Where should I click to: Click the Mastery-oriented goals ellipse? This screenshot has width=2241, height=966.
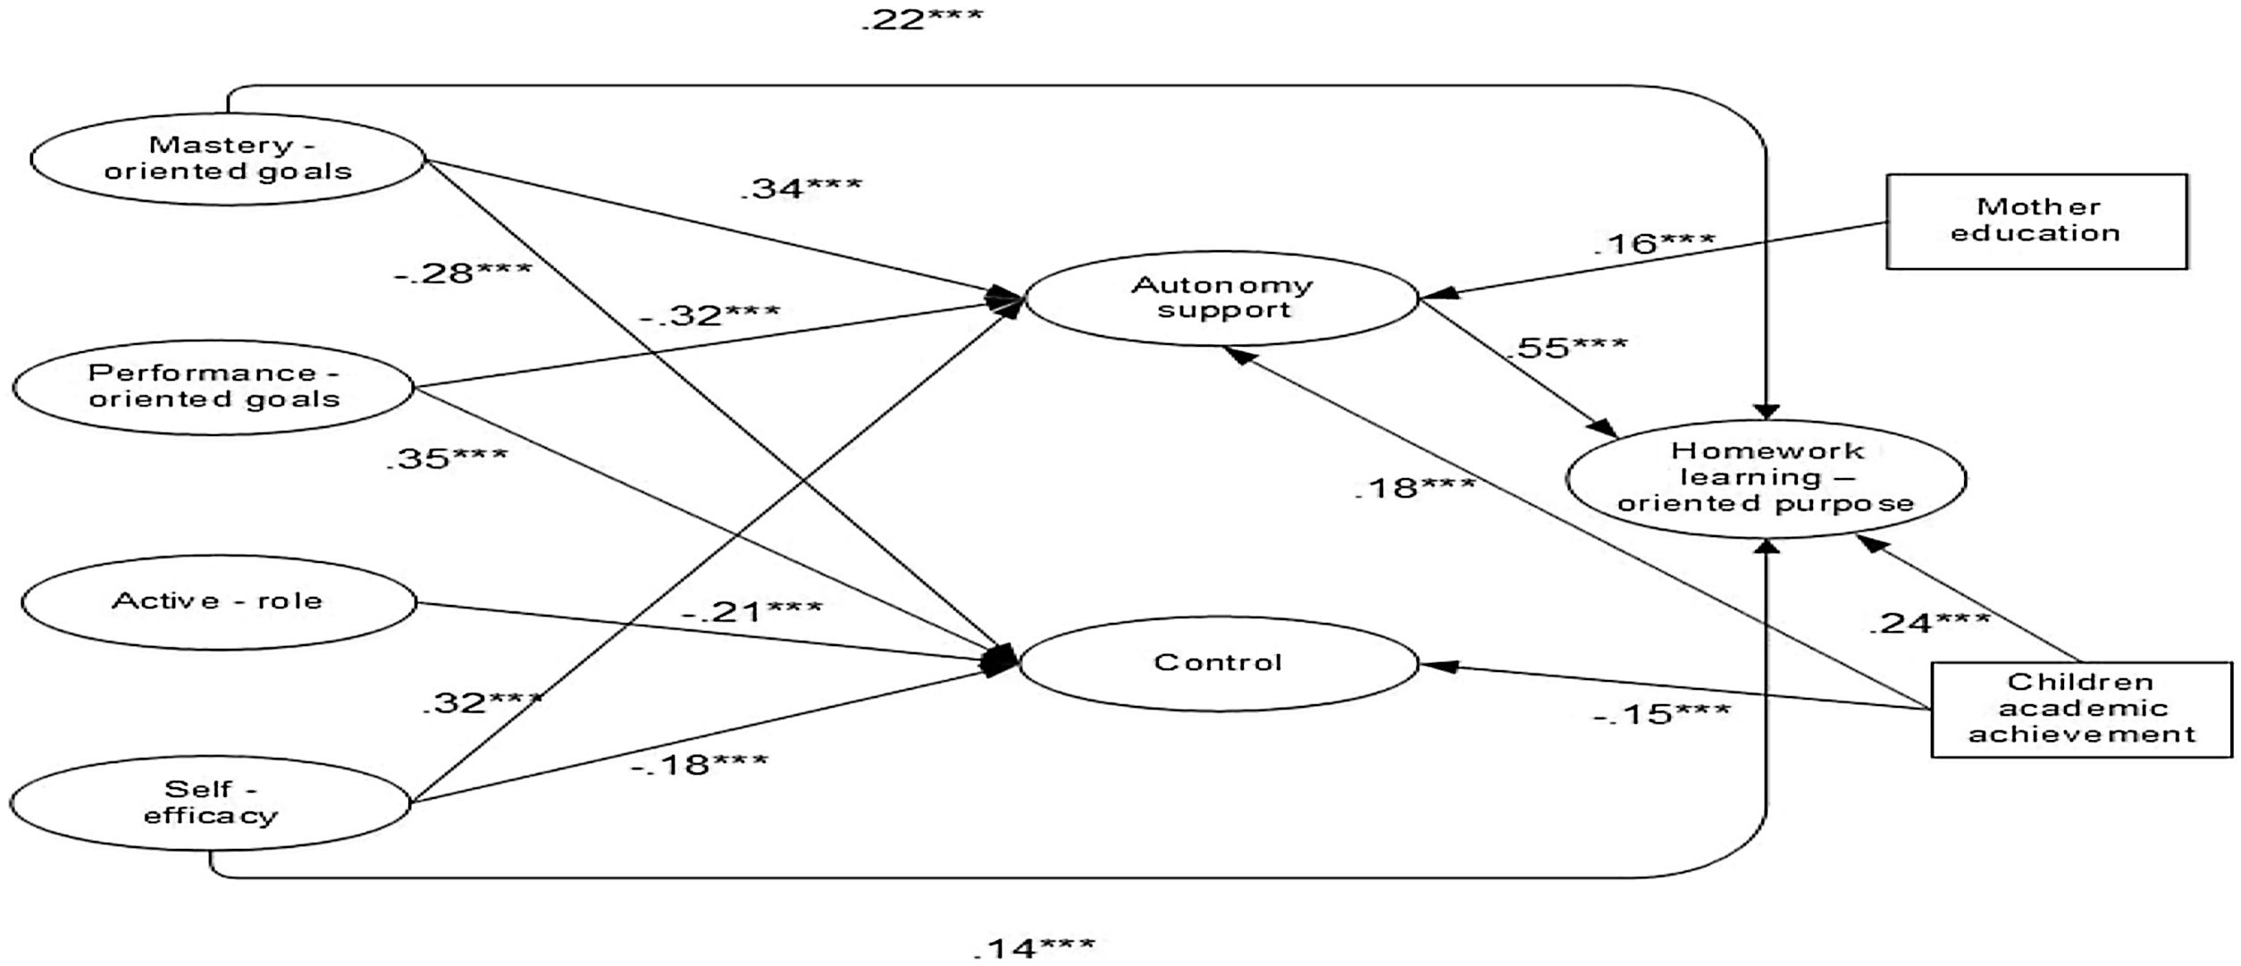click(x=228, y=159)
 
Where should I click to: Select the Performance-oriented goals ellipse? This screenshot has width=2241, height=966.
click(x=214, y=387)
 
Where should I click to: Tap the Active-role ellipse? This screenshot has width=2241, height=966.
click(x=218, y=601)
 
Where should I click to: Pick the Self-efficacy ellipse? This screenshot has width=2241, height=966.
click(x=211, y=802)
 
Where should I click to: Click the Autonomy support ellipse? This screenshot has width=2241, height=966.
click(x=1221, y=298)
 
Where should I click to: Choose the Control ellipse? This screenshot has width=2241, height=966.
click(x=1218, y=663)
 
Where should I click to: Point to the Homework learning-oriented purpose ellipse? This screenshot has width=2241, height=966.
click(x=1766, y=478)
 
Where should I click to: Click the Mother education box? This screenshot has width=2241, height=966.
click(x=2036, y=221)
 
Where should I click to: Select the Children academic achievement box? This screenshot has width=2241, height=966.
click(x=2081, y=709)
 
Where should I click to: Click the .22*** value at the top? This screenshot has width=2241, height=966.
click(x=921, y=19)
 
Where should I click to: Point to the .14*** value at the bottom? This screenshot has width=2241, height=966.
click(x=1034, y=946)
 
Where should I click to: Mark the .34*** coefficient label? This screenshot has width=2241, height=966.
click(x=802, y=188)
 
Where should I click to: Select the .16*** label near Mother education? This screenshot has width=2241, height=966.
click(x=1654, y=243)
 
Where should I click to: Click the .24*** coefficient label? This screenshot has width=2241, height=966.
click(x=1929, y=622)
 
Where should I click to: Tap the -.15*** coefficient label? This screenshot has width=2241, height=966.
click(x=1661, y=713)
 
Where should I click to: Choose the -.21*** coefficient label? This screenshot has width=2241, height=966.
click(x=751, y=611)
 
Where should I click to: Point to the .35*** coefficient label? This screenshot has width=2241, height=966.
click(x=447, y=458)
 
